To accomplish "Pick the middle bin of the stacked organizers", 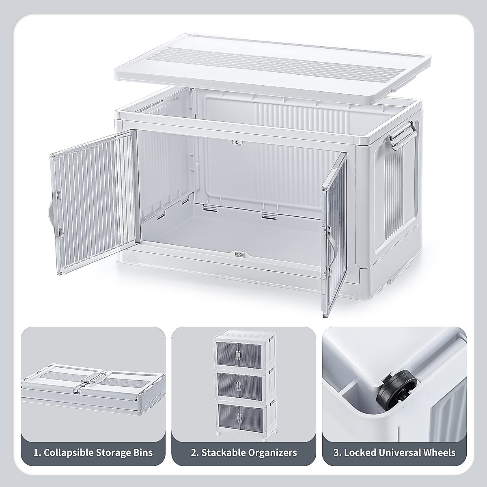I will pyautogui.click(x=243, y=384).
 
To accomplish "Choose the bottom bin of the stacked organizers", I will pyautogui.click(x=243, y=418).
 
